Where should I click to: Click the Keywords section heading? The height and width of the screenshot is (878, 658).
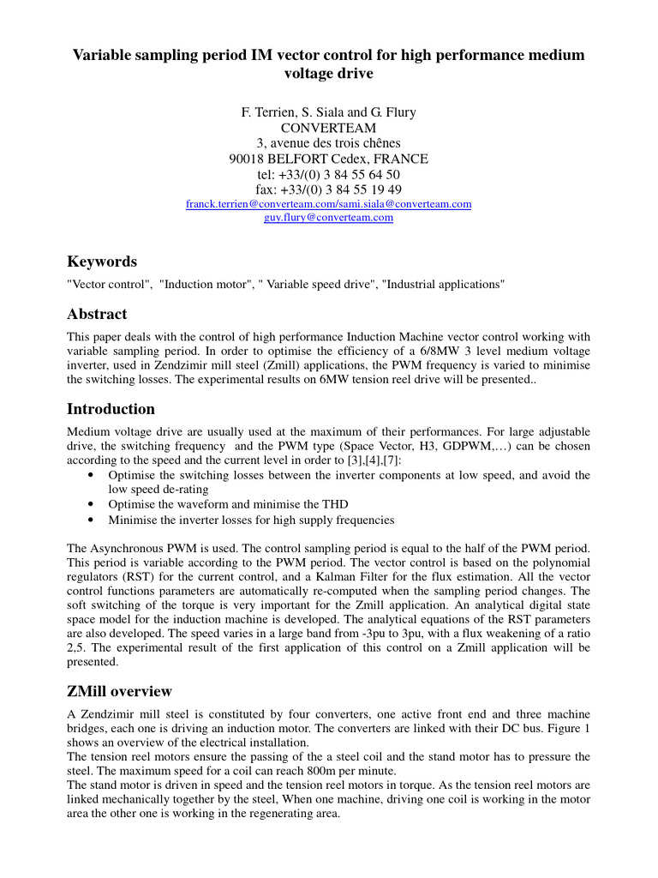pyautogui.click(x=102, y=262)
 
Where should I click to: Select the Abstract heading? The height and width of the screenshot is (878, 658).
pyautogui.click(x=97, y=314)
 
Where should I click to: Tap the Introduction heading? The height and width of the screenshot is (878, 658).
pyautogui.click(x=111, y=408)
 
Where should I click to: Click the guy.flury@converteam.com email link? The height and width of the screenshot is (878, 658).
pyautogui.click(x=328, y=218)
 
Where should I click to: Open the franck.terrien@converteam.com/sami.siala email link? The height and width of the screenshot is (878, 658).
pyautogui.click(x=329, y=205)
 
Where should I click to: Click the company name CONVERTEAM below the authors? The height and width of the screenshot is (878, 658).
pyautogui.click(x=329, y=128)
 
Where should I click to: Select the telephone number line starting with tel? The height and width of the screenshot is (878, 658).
pyautogui.click(x=329, y=174)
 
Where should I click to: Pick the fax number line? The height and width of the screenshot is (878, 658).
pyautogui.click(x=329, y=189)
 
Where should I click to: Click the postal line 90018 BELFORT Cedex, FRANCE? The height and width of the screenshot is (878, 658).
pyautogui.click(x=329, y=159)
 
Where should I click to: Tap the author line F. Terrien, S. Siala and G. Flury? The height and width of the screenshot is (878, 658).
pyautogui.click(x=329, y=112)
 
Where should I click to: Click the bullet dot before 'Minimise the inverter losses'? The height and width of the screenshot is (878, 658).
pyautogui.click(x=92, y=520)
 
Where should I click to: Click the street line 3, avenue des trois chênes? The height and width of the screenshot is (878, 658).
pyautogui.click(x=329, y=143)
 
